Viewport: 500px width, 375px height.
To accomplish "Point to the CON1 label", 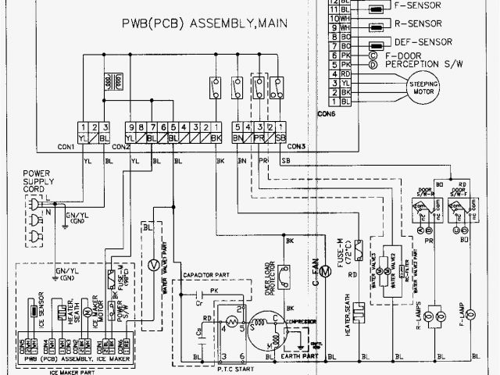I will (66, 147).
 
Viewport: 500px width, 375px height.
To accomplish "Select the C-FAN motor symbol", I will (323, 273).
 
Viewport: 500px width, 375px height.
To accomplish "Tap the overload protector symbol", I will (286, 273).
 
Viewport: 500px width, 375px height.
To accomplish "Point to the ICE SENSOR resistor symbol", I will (34, 310).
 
